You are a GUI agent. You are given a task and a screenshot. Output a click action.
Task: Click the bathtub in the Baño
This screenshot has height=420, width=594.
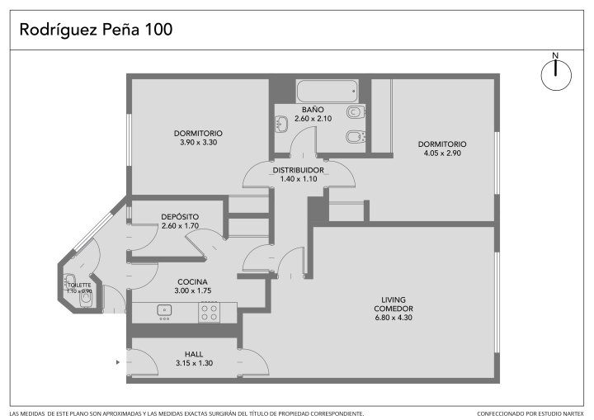(x=327, y=91)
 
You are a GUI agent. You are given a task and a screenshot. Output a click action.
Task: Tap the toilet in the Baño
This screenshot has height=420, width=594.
(x=356, y=112)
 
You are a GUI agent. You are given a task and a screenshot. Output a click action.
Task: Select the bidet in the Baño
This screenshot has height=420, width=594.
(x=356, y=137)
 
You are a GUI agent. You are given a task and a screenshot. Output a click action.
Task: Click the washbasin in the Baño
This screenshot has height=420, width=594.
(x=281, y=124)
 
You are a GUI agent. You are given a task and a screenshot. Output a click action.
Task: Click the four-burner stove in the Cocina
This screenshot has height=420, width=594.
(x=209, y=313)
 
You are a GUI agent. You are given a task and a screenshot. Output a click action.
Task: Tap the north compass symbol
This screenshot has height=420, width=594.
(x=556, y=74)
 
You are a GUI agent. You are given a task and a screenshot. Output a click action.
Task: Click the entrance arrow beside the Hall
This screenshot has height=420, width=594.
(x=118, y=362)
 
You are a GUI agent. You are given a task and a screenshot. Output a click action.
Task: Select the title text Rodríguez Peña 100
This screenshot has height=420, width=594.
(x=96, y=30)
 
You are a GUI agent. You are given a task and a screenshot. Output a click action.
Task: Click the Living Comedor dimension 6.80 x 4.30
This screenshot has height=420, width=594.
(x=394, y=318)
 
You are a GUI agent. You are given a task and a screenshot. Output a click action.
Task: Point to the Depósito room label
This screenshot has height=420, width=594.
(x=180, y=217)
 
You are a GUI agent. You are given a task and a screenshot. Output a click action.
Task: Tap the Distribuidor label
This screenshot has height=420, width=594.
(x=299, y=170)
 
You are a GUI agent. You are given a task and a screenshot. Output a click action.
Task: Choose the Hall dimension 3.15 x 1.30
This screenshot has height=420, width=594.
(x=195, y=363)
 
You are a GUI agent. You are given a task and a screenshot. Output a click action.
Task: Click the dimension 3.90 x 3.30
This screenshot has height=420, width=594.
(x=199, y=143)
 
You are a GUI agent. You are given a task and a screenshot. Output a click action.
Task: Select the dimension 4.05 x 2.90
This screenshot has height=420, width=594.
(x=442, y=153)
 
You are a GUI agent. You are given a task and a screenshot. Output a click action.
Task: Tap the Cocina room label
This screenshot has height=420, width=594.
(x=192, y=282)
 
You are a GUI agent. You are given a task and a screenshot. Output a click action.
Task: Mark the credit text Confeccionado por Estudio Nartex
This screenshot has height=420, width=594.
(x=530, y=413)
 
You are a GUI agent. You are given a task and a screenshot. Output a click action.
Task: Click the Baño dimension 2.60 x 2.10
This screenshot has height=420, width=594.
(x=313, y=119)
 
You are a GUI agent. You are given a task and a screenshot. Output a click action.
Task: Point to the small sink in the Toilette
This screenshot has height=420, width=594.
(x=69, y=281)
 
